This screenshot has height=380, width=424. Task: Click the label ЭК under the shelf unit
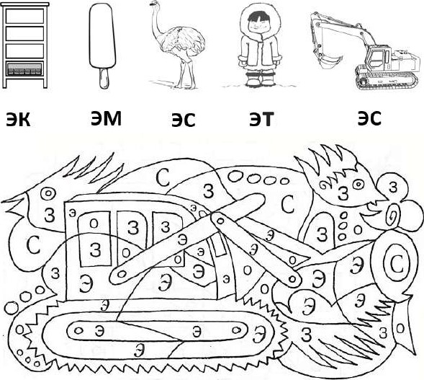click(18, 120)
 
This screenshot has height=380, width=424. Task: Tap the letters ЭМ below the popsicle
click(106, 118)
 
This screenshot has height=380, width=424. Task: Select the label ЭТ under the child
click(261, 119)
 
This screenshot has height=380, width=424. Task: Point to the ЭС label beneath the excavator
click(369, 118)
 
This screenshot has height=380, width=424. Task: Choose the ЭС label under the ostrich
click(184, 120)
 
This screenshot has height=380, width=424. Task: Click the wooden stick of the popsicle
click(104, 78)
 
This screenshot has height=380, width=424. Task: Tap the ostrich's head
click(154, 4)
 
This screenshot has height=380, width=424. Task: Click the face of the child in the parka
click(259, 23)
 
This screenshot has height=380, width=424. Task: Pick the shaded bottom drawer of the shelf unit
click(24, 69)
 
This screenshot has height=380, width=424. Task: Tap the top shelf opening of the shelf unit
click(24, 16)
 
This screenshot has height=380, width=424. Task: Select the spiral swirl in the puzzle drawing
click(393, 214)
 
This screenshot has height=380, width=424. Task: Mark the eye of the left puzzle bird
click(48, 194)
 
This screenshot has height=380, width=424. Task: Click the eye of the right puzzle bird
click(358, 185)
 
